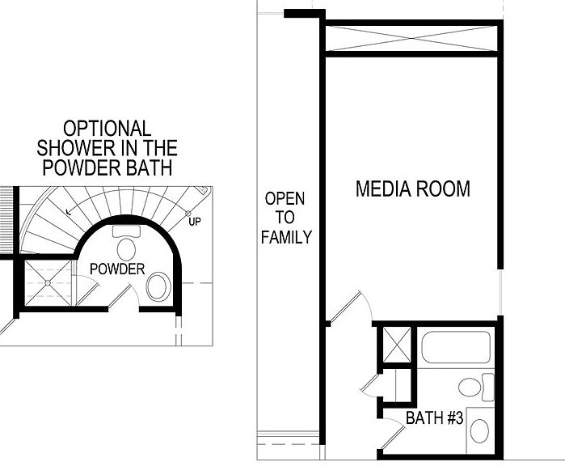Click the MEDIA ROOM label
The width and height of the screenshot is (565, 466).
pos(413,189)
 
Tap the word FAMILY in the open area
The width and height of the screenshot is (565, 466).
pos(286,237)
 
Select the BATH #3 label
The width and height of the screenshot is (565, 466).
pos(434,417)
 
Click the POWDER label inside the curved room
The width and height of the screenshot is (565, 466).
pos(117,269)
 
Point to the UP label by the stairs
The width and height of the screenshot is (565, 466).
pos(195,222)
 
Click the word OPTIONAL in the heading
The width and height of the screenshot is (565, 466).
pos(107,129)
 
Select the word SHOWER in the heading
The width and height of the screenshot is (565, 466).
pos(75,148)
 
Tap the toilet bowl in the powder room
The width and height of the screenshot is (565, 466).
pos(126,249)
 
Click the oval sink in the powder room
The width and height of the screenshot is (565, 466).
pos(158,286)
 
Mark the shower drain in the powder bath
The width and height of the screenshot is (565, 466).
pos(48,283)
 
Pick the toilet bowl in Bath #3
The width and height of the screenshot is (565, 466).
pos(470,387)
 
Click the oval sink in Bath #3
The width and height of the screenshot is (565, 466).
pos(479,431)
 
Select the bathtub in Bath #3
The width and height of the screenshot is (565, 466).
pos(456,346)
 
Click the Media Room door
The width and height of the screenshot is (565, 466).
pos(345,307)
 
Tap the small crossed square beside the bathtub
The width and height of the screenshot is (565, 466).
pos(396,345)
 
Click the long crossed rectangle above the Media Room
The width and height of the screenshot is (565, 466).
pos(411,38)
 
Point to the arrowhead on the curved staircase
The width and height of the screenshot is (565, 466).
pos(69,212)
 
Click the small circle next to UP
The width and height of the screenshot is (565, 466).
pos(188,214)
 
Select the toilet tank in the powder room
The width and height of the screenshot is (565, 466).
pos(126,231)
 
